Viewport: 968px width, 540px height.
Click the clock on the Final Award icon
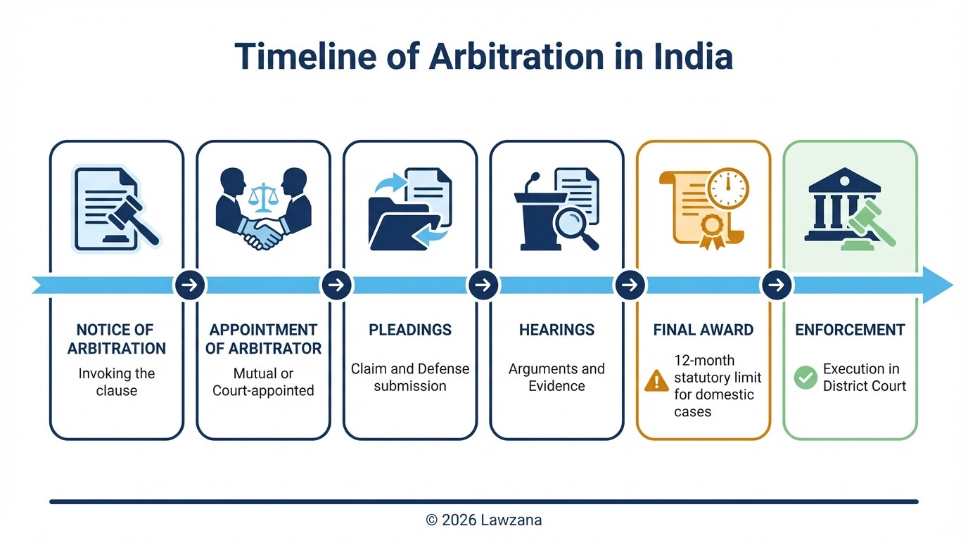click(x=728, y=188)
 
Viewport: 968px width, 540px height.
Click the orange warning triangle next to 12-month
click(x=656, y=380)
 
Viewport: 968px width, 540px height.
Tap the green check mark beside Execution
click(x=805, y=377)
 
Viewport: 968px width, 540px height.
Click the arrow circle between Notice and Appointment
click(x=190, y=285)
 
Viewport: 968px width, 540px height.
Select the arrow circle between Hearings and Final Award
click(x=630, y=285)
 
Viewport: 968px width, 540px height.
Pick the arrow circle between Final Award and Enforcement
click(x=777, y=285)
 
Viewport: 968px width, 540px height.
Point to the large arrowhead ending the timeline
click(x=937, y=285)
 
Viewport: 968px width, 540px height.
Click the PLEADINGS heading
click(x=410, y=330)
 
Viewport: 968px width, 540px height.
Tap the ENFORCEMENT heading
click(x=850, y=330)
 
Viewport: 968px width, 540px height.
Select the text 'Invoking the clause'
click(x=116, y=382)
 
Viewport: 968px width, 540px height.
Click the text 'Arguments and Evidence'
click(x=556, y=377)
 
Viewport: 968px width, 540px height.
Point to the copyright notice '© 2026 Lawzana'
click(x=484, y=520)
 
